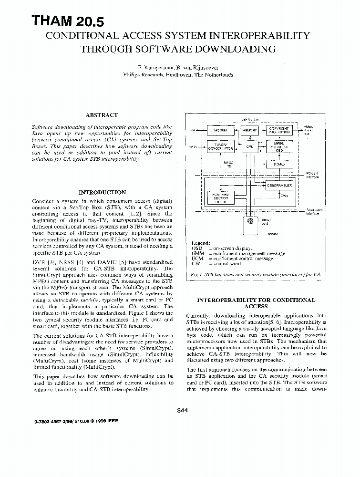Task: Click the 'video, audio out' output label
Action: [x=309, y=130]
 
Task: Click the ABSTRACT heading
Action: [x=102, y=115]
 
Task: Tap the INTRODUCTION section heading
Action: [x=102, y=192]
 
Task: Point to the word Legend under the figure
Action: [x=200, y=243]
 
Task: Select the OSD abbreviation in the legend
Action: [x=197, y=249]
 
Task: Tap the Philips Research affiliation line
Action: [x=178, y=75]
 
